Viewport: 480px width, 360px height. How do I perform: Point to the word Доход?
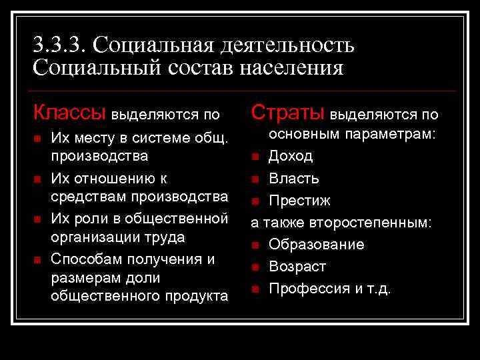click(291, 156)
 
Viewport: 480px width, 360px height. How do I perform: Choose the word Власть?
click(294, 179)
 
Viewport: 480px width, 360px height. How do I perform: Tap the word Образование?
click(317, 245)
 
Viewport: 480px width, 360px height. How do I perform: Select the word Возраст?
click(297, 267)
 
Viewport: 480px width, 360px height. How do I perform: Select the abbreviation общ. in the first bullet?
click(211, 138)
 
